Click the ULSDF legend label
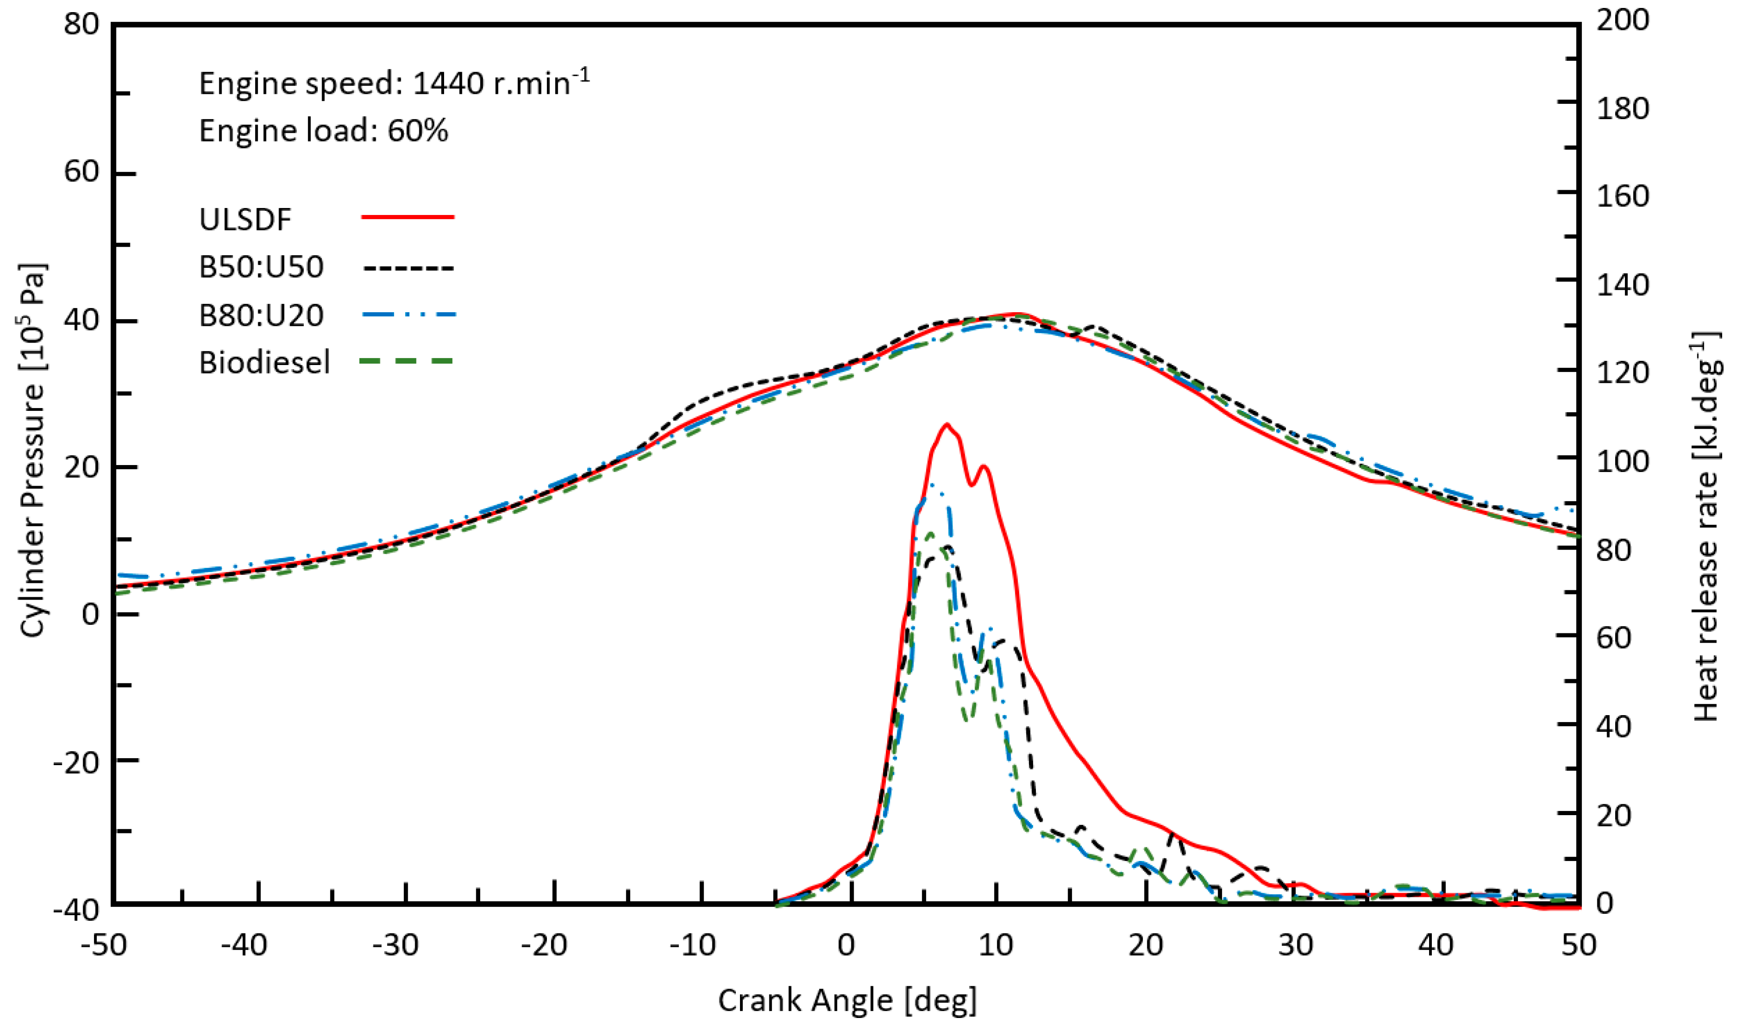click(245, 220)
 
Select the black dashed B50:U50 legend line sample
click(408, 268)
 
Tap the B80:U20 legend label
click(261, 315)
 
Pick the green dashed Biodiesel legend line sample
click(407, 361)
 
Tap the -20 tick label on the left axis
click(77, 763)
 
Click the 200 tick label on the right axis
click(1622, 20)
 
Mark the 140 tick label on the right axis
click(1622, 285)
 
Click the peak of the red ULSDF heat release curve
click(946, 424)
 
